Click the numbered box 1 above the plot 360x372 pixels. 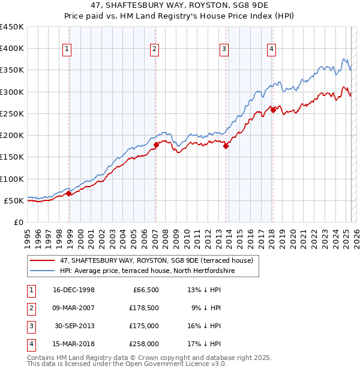point(67,49)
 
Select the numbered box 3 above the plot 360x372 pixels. point(224,49)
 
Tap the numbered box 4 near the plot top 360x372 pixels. point(271,49)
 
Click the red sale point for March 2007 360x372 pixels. point(156,145)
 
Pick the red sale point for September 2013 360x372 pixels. point(226,146)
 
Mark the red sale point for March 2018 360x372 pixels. point(273,110)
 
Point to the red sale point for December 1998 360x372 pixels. point(69,193)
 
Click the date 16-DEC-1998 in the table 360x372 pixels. point(74,290)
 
